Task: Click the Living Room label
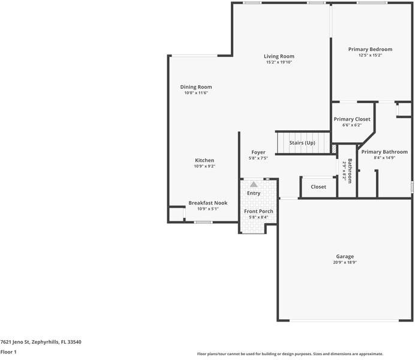[279, 56]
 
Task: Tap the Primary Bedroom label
[370, 49]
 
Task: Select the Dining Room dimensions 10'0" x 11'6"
[196, 93]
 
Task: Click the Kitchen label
[205, 160]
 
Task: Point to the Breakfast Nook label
[207, 203]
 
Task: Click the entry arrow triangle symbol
[254, 185]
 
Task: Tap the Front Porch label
[258, 211]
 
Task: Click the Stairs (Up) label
[302, 143]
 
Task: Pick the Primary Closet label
[352, 119]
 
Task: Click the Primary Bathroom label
[384, 152]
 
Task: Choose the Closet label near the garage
[318, 187]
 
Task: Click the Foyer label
[258, 152]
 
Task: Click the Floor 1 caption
[8, 352]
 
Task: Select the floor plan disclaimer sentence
[290, 354]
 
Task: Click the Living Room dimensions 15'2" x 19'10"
[279, 62]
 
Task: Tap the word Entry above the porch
[254, 193]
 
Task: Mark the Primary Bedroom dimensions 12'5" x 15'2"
[370, 55]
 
